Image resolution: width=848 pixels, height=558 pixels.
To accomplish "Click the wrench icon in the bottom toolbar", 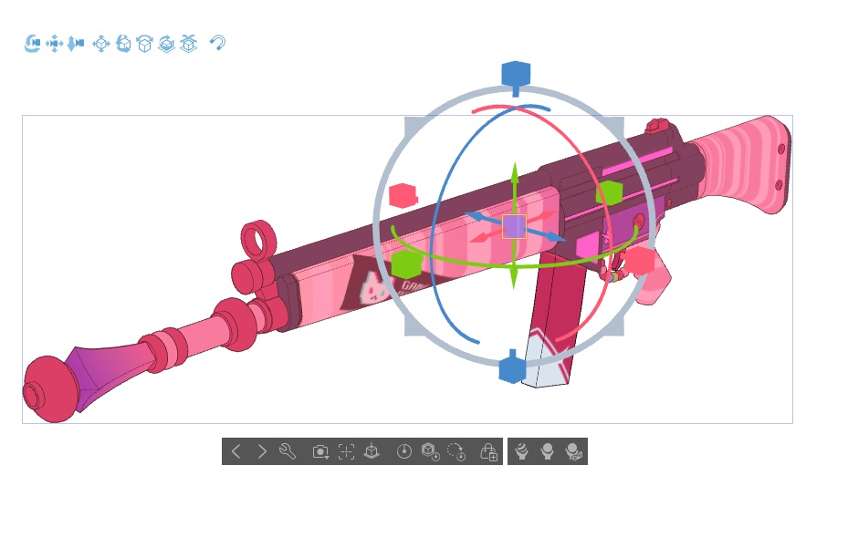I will (x=288, y=451).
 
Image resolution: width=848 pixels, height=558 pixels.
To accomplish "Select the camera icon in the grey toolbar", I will (x=320, y=451).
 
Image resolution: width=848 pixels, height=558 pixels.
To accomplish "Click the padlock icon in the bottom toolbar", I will (x=488, y=451).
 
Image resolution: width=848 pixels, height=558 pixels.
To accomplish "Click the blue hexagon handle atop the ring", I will (x=516, y=74).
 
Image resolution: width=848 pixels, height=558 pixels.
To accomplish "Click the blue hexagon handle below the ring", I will (x=512, y=369).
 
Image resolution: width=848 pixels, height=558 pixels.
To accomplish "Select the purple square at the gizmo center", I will (x=514, y=226).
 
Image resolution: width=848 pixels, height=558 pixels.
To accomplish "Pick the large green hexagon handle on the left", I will (x=406, y=264).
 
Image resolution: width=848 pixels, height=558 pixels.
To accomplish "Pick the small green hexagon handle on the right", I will (x=609, y=192).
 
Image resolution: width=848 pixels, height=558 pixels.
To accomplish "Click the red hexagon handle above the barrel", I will (x=403, y=195).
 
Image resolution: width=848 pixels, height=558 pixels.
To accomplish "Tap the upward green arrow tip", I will (x=514, y=169).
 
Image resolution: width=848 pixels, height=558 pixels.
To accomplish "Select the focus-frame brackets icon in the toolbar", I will (x=346, y=451).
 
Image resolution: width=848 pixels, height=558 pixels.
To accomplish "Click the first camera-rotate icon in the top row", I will (x=32, y=43).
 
